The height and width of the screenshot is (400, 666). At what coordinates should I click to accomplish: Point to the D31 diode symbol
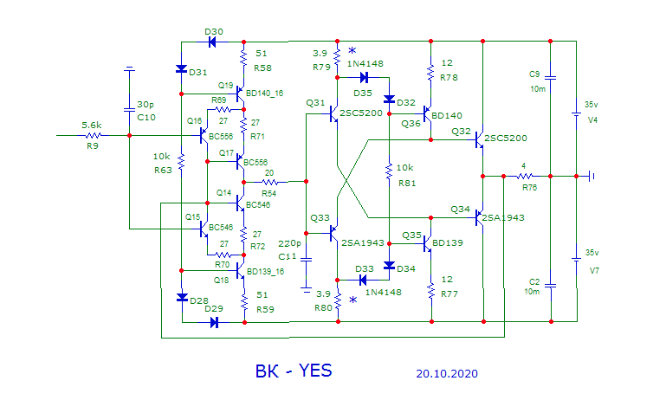click(182, 69)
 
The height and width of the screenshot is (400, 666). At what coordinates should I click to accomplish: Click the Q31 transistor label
click(315, 103)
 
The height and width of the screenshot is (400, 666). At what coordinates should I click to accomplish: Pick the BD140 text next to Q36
click(447, 115)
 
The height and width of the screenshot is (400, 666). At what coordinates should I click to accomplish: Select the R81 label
click(406, 183)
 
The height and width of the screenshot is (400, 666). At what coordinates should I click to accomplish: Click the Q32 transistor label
click(460, 132)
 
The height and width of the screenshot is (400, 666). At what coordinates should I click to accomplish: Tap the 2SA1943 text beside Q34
click(503, 218)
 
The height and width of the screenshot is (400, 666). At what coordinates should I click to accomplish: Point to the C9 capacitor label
click(534, 74)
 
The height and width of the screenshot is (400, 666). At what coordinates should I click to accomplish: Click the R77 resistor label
click(448, 294)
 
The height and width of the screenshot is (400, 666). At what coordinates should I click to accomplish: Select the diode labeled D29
click(213, 322)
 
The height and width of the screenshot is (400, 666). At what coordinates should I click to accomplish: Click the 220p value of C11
click(291, 243)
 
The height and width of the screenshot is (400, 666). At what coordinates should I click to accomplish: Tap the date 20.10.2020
click(446, 374)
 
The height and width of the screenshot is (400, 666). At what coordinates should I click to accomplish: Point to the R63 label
click(162, 170)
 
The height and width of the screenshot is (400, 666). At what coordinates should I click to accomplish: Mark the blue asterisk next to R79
click(352, 51)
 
